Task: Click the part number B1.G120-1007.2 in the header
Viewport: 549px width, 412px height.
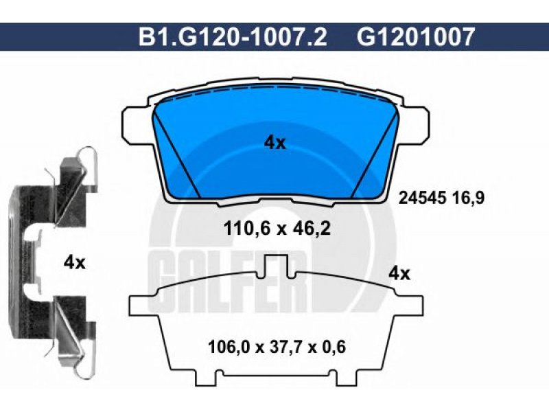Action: point(233,37)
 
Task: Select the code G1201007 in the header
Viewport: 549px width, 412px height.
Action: point(416,37)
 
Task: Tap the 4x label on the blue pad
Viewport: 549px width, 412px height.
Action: point(275,143)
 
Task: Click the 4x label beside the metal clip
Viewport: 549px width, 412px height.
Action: point(74,263)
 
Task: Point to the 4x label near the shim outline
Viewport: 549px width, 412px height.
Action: point(399,273)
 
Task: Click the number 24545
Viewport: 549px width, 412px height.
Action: point(423,198)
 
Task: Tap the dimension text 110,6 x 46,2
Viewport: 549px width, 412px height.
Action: point(277,229)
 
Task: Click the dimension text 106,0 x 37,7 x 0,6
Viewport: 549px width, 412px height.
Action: point(277,347)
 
